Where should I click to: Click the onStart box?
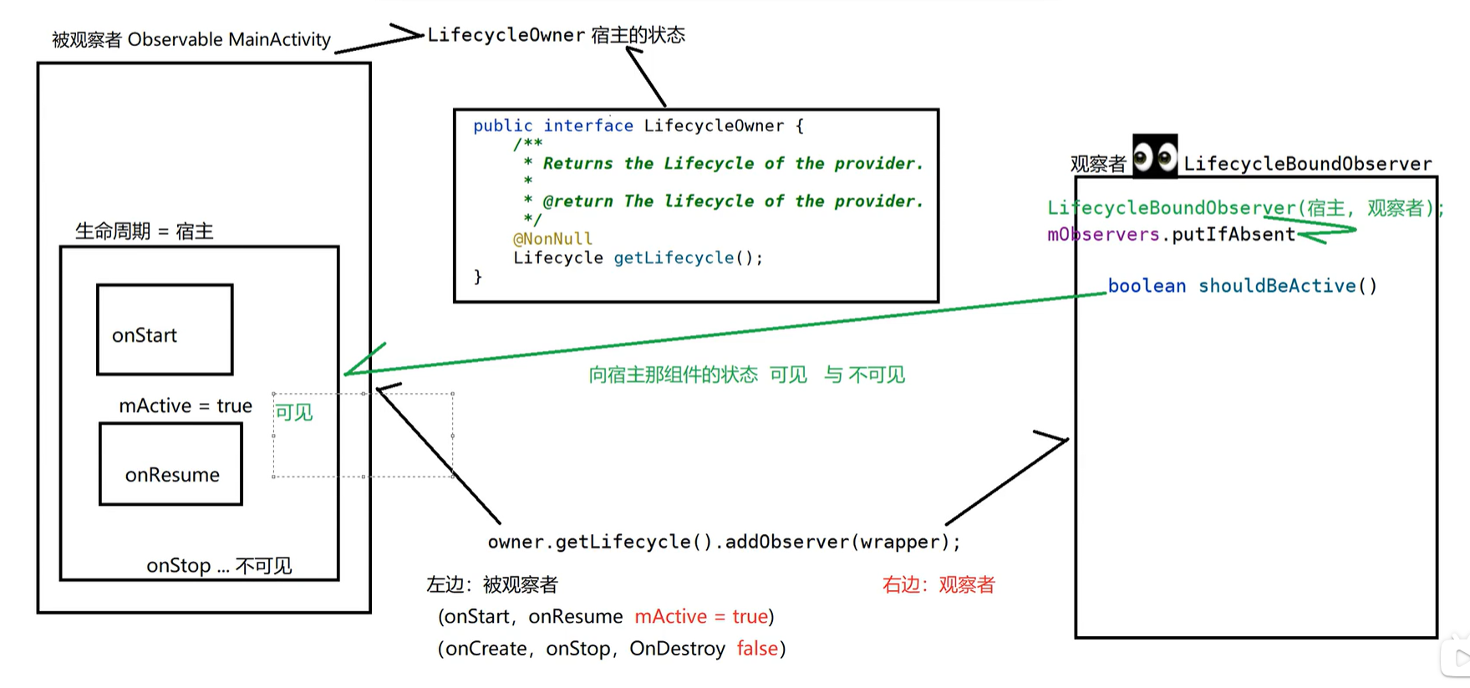(x=165, y=329)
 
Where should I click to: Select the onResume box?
(x=170, y=464)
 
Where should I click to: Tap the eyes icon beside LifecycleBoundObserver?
(x=1155, y=156)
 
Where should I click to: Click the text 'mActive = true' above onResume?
(x=186, y=406)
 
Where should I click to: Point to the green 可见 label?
(x=293, y=412)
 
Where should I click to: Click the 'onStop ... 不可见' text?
(x=219, y=566)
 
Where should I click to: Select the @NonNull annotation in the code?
(x=552, y=239)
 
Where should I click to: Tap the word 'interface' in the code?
(x=588, y=126)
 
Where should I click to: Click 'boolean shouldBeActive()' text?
(x=1242, y=286)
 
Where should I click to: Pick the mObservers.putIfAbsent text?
(x=1171, y=235)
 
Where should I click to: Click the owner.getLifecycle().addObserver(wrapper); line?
(x=724, y=542)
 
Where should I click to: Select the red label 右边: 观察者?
(x=938, y=585)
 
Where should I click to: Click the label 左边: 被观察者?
(x=492, y=585)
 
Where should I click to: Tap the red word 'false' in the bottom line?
(x=757, y=649)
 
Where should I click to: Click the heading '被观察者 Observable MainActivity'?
(x=191, y=39)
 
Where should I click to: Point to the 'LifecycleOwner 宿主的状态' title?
(x=556, y=35)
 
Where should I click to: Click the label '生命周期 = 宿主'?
(x=145, y=232)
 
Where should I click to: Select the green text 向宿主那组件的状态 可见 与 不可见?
(x=746, y=375)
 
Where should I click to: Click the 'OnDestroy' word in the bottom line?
(x=677, y=649)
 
